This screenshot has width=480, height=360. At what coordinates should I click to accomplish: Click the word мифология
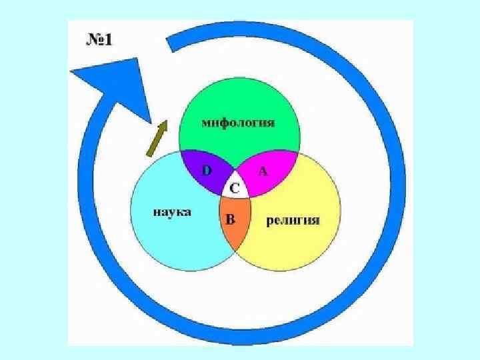[x=239, y=124]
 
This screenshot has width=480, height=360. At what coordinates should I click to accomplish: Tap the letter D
[x=207, y=170]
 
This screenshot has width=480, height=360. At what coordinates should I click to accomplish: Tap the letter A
[x=263, y=171]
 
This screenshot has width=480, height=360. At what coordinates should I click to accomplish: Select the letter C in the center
[x=235, y=189]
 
